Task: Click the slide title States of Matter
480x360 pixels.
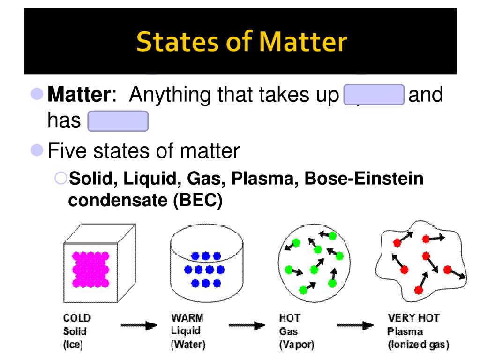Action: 242,42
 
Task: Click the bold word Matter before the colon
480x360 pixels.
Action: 78,96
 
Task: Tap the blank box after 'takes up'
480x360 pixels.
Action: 374,96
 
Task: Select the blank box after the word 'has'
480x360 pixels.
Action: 118,121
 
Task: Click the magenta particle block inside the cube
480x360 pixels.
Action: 90,269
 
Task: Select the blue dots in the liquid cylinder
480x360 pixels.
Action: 204,270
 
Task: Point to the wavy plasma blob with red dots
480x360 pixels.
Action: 420,265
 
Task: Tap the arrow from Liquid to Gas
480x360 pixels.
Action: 247,325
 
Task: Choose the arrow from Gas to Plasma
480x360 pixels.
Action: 355,325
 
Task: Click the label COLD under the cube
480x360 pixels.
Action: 77,318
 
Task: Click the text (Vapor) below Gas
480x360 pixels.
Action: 296,345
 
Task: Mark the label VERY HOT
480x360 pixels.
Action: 414,318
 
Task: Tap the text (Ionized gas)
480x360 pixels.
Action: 418,345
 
